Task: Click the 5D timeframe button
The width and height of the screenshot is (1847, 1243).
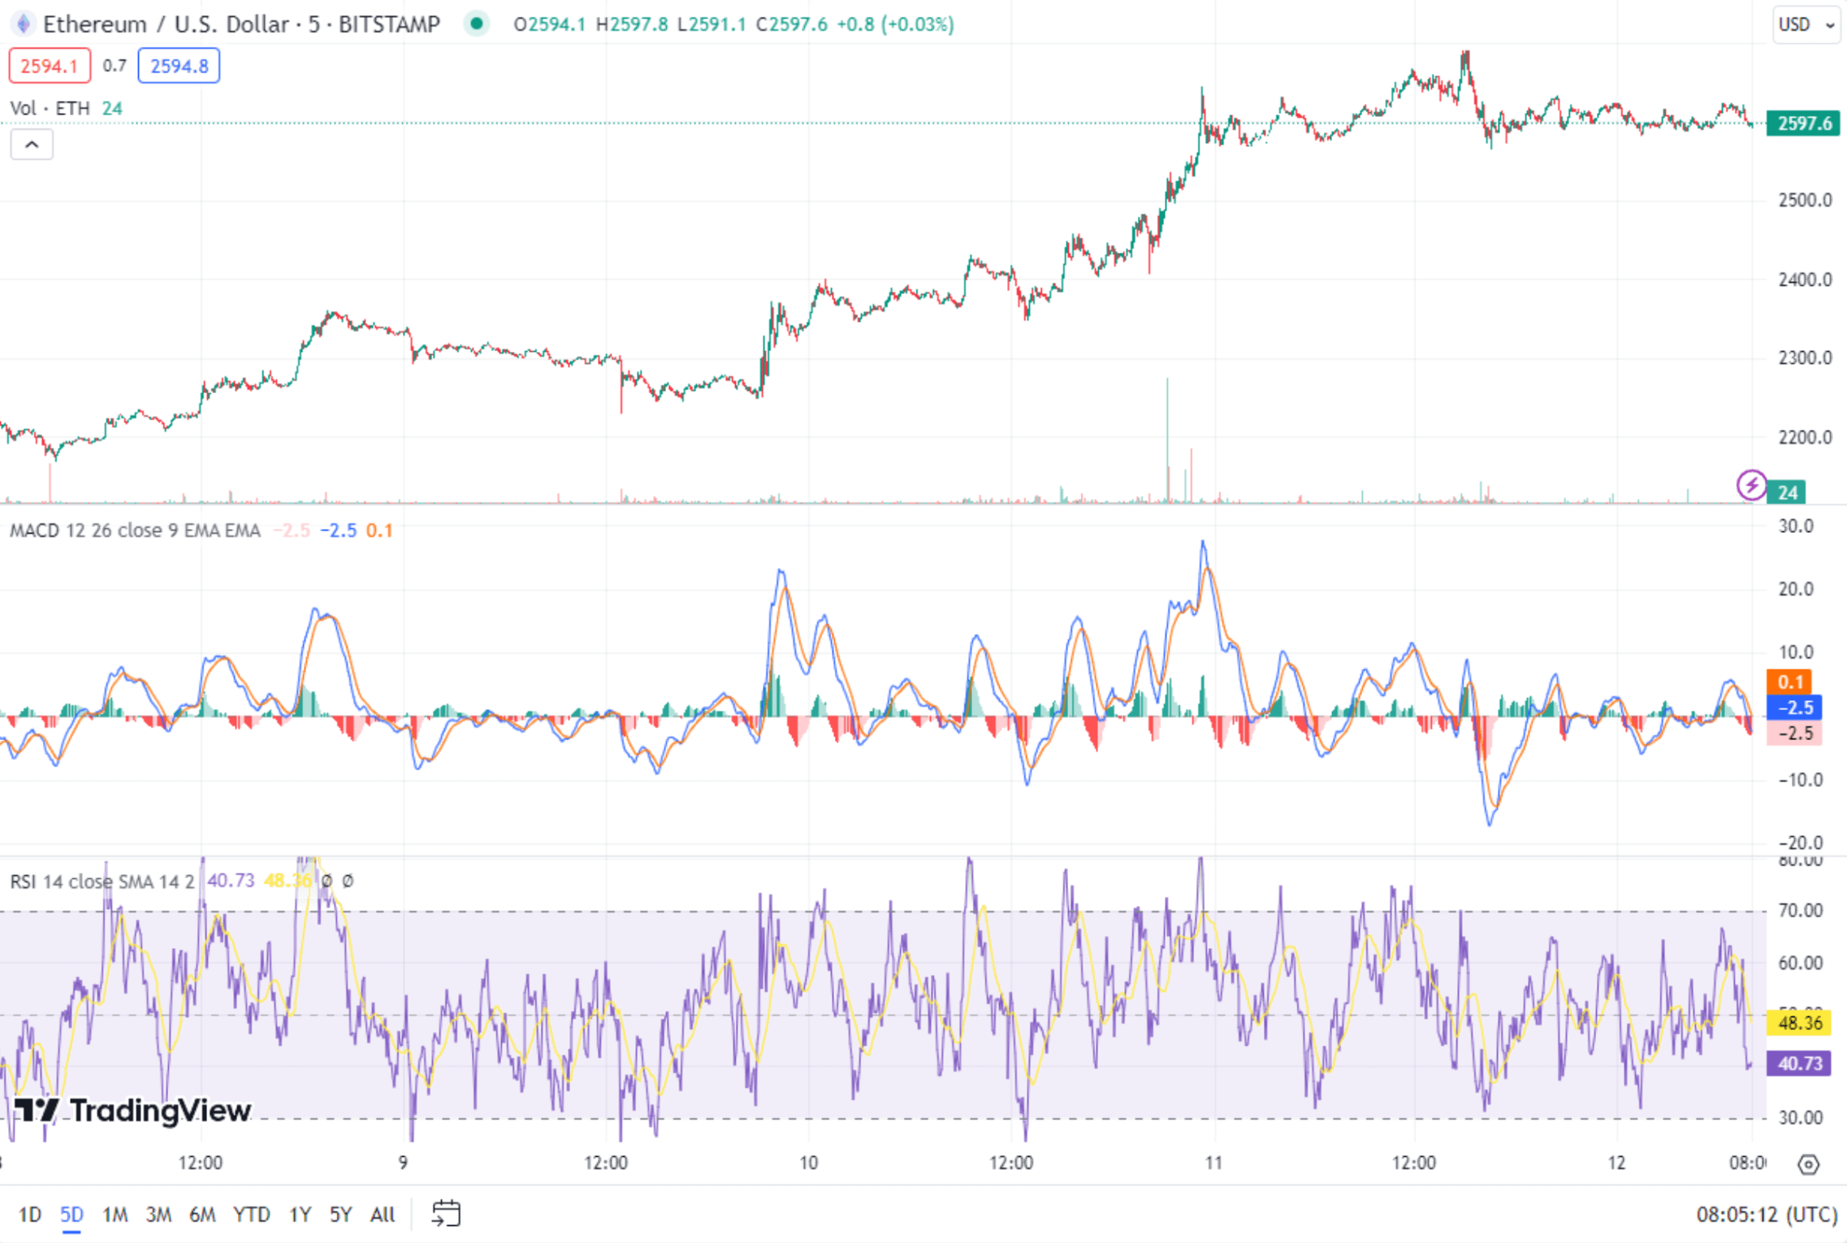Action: click(71, 1215)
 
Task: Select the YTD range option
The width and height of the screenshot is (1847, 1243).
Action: click(251, 1215)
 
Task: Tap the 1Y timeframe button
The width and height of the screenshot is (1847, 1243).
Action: click(300, 1215)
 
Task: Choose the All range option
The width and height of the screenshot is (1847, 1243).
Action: click(382, 1215)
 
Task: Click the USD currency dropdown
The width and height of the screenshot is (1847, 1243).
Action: click(1806, 24)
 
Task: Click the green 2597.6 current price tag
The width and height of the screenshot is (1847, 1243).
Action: click(1804, 123)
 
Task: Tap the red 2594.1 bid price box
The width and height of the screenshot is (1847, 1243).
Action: click(49, 66)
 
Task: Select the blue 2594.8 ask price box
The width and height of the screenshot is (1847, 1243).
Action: click(179, 66)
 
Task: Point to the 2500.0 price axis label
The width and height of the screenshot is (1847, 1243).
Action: click(1805, 200)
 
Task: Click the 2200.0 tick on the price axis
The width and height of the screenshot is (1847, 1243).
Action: click(1805, 437)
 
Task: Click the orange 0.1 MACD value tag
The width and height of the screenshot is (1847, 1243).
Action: click(1789, 682)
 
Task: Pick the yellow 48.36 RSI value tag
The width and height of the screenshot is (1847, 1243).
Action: click(1799, 1022)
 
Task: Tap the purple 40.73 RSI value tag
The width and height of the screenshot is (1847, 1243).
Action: click(1799, 1063)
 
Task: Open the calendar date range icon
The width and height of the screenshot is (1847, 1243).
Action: click(446, 1214)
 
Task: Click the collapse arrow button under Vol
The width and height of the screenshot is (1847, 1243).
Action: click(32, 145)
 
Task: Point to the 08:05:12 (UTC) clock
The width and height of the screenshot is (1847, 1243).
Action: click(1767, 1215)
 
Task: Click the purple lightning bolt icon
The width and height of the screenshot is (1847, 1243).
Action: click(1751, 485)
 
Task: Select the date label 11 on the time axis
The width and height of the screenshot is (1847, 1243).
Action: click(1213, 1163)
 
